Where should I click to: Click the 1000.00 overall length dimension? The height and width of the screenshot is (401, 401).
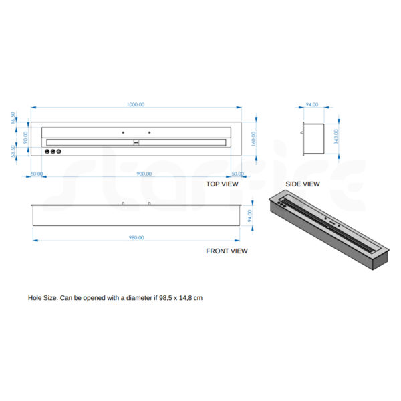coord(136,104)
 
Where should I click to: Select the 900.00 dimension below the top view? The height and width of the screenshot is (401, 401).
coord(144,174)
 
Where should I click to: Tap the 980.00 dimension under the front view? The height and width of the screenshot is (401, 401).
coord(136,237)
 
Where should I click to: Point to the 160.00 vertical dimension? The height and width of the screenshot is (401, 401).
coord(253,139)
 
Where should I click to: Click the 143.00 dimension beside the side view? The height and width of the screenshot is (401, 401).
coord(336,136)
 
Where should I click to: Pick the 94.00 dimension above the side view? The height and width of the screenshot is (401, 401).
coord(312,104)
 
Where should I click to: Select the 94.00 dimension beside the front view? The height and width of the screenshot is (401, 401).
coord(250,216)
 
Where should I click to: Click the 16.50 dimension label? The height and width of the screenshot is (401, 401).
coord(13,118)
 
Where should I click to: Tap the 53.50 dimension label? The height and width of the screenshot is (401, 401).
coord(13,152)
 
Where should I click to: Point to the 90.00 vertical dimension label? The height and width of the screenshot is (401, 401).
coord(25,137)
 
